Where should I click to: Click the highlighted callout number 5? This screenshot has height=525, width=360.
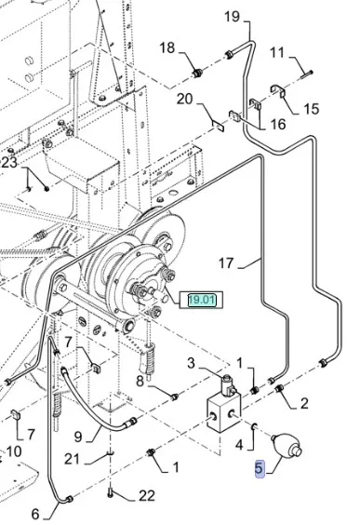coord(260,468)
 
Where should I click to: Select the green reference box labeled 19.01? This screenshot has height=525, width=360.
coord(201,300)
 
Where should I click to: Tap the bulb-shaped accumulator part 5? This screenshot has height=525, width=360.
coord(287,445)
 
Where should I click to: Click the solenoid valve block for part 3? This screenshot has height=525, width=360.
coord(224,405)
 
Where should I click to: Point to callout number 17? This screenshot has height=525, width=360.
coord(226,262)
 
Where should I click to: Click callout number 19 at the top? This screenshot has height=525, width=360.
coord(232,16)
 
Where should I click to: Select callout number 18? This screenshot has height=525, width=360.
coord(167,47)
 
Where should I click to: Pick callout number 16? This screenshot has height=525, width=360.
coord(278,124)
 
